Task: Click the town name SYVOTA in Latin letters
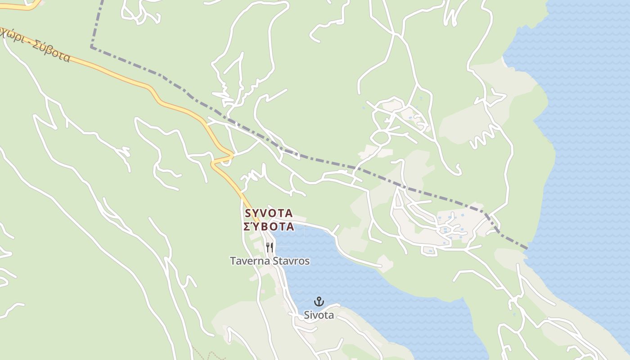[x=269, y=213]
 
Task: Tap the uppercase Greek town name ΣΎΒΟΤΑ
[x=269, y=226]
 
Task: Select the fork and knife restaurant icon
[x=270, y=247]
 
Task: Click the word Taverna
[x=249, y=261]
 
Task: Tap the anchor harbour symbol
[x=319, y=301]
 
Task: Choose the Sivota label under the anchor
[x=319, y=315]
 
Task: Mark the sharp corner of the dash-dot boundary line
[x=91, y=46]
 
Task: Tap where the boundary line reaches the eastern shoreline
[x=526, y=248]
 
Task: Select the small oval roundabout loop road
[x=380, y=138]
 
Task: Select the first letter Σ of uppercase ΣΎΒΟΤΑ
[x=247, y=226]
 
